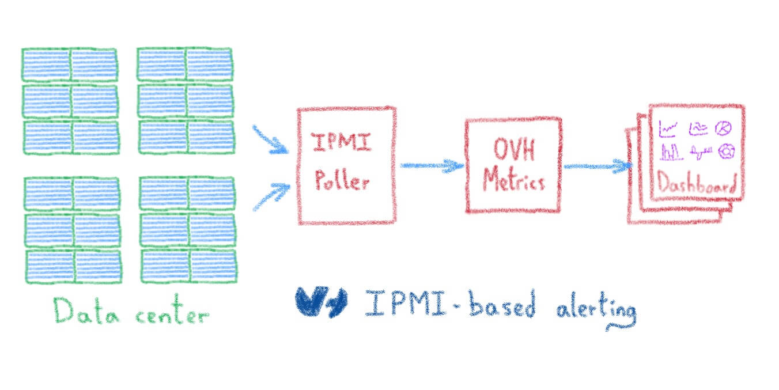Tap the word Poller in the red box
point(342,181)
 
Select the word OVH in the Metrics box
point(514,150)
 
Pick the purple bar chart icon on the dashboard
point(670,152)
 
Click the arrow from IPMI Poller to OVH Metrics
point(431,166)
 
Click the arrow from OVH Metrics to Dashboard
point(596,166)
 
